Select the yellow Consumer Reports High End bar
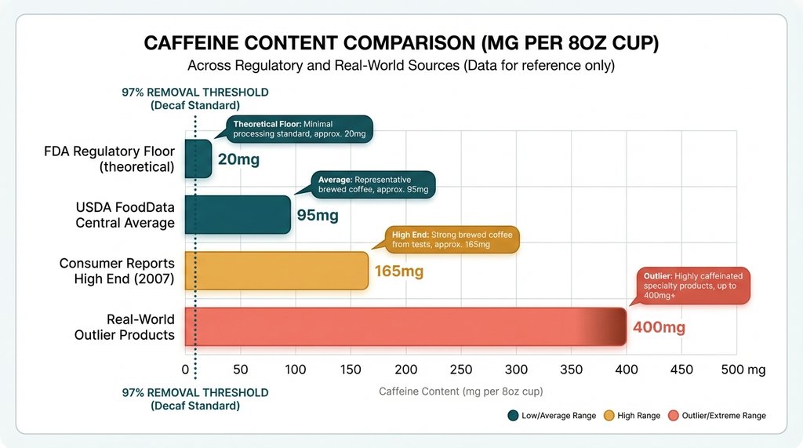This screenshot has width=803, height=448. (x=276, y=271)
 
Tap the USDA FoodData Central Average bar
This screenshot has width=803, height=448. (x=238, y=214)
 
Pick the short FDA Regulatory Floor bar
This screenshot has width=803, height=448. (x=198, y=158)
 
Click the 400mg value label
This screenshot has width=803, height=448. (x=659, y=327)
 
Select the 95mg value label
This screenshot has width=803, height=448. (x=318, y=215)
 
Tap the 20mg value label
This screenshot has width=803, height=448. (x=239, y=160)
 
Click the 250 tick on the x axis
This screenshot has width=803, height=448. (x=461, y=370)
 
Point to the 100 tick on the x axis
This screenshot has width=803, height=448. (x=296, y=370)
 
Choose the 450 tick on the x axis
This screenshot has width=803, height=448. (x=682, y=370)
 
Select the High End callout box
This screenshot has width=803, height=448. (x=451, y=240)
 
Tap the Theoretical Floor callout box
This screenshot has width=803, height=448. (x=300, y=129)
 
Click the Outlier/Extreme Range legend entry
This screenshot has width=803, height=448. (x=716, y=415)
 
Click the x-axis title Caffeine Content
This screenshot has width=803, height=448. (x=460, y=391)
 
